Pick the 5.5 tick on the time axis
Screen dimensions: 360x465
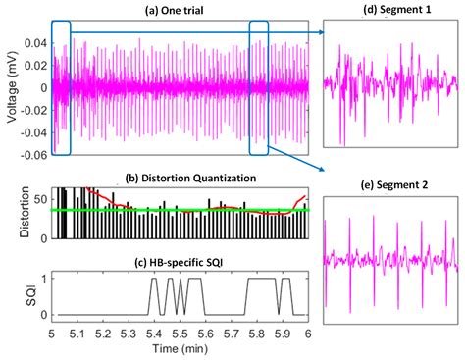pos(181,333)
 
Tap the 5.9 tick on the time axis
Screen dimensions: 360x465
pos(284,333)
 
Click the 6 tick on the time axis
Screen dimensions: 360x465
pos(309,333)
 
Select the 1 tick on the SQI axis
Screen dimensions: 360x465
pos(42,279)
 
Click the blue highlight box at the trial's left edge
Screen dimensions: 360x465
pos(61,86)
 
